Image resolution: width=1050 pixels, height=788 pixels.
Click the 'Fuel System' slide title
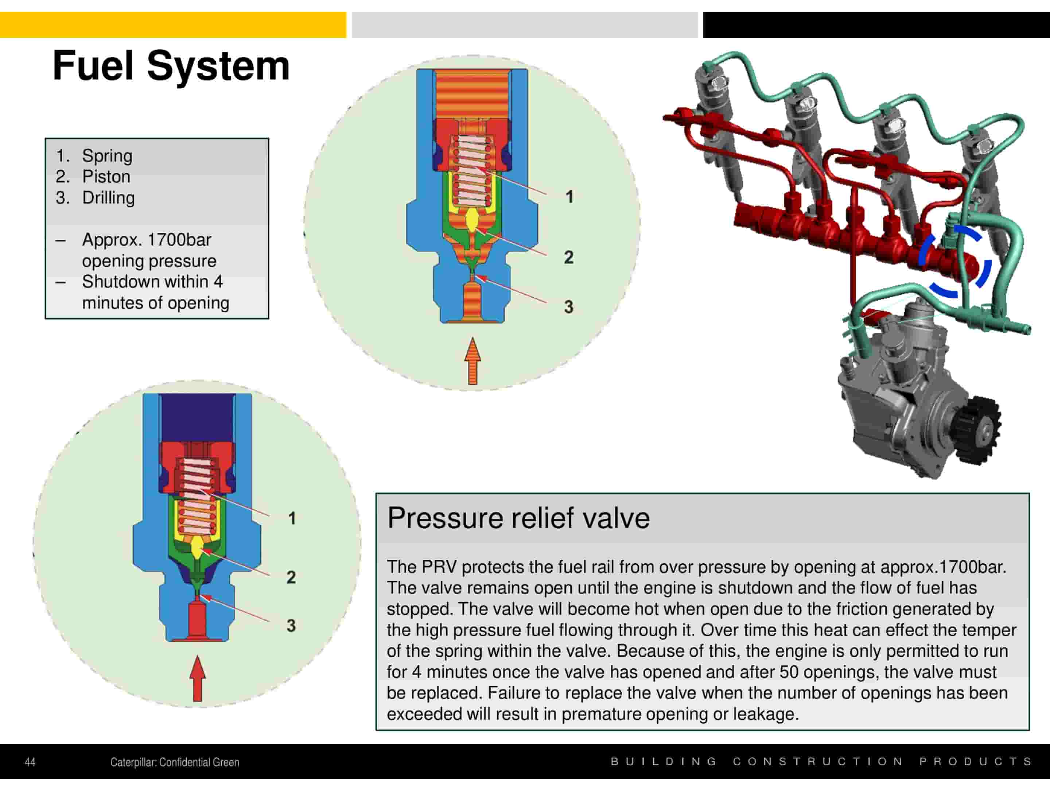tap(171, 66)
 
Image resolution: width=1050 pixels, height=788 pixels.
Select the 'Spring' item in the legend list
tap(107, 156)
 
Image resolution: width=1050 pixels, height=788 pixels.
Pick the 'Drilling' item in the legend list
tap(108, 198)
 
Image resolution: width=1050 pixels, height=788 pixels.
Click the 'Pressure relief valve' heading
tap(518, 518)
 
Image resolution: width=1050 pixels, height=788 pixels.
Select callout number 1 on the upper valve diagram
tap(569, 197)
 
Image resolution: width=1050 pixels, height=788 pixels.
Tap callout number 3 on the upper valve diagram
tap(569, 307)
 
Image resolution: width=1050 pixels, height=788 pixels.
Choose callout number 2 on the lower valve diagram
tap(291, 577)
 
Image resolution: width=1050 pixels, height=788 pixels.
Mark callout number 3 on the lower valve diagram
tap(291, 626)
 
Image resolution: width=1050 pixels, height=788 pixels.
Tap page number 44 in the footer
tap(30, 762)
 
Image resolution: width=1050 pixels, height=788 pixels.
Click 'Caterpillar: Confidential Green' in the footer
tap(175, 762)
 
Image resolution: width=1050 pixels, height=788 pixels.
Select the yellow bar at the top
tap(173, 25)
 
